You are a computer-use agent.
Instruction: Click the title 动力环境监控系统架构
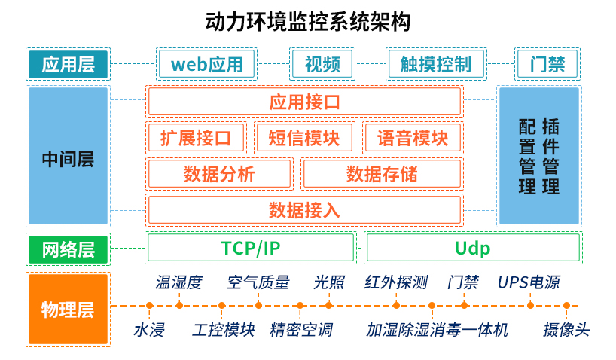tap(308, 20)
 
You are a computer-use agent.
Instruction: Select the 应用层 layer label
tap(68, 64)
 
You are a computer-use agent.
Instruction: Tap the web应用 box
tap(206, 64)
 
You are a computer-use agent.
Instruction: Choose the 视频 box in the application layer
tap(322, 64)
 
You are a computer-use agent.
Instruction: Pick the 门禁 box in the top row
tap(547, 64)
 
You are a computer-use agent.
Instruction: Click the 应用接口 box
tap(304, 102)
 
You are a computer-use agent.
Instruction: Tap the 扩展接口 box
tap(197, 138)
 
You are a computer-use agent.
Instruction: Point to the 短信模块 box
tap(304, 138)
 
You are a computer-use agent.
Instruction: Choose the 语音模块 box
tap(412, 138)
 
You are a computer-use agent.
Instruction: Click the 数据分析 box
tap(219, 174)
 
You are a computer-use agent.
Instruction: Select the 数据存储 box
tap(381, 174)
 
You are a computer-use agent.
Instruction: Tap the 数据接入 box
tap(304, 209)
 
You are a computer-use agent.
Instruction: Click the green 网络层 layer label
tap(68, 249)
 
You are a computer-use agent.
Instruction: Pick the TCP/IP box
tap(250, 248)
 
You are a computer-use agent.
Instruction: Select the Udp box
tap(472, 248)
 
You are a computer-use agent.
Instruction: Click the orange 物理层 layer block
tap(68, 309)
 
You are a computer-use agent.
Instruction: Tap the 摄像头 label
tap(566, 330)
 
